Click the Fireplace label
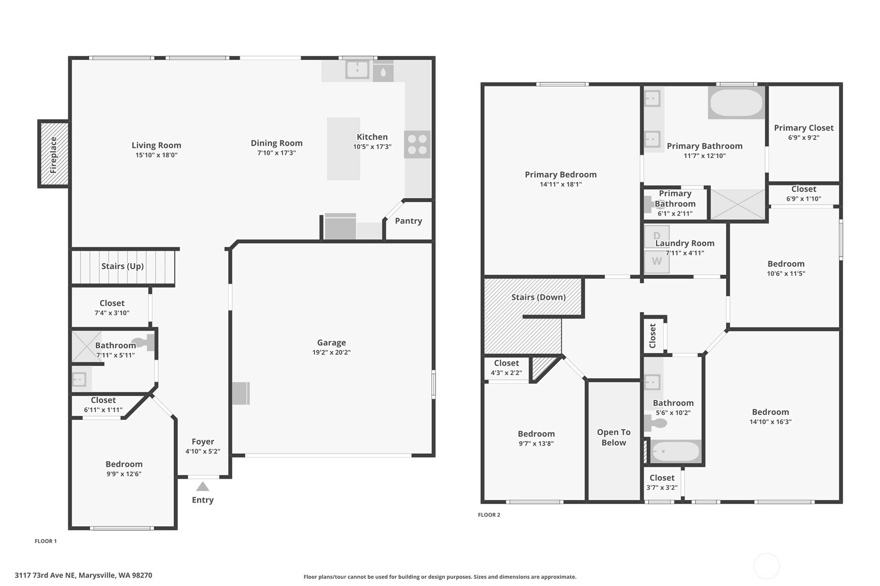tap(53, 155)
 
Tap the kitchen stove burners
tap(417, 145)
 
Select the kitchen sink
tap(357, 70)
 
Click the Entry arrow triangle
tap(203, 487)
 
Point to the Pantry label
tap(409, 221)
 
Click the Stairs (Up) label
tap(122, 266)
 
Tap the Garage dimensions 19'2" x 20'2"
tap(331, 352)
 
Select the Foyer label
tap(203, 441)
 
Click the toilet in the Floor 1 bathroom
tap(144, 342)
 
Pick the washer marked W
tap(657, 262)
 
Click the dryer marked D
tap(657, 236)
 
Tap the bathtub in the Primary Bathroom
tap(736, 103)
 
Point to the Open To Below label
tap(613, 437)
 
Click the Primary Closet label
tap(804, 128)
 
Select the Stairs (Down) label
tap(539, 297)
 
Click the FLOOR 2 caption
tap(489, 514)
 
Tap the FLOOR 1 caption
tap(46, 541)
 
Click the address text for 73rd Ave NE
tap(83, 575)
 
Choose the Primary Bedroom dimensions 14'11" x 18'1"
tap(561, 184)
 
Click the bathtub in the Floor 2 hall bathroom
tap(675, 451)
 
